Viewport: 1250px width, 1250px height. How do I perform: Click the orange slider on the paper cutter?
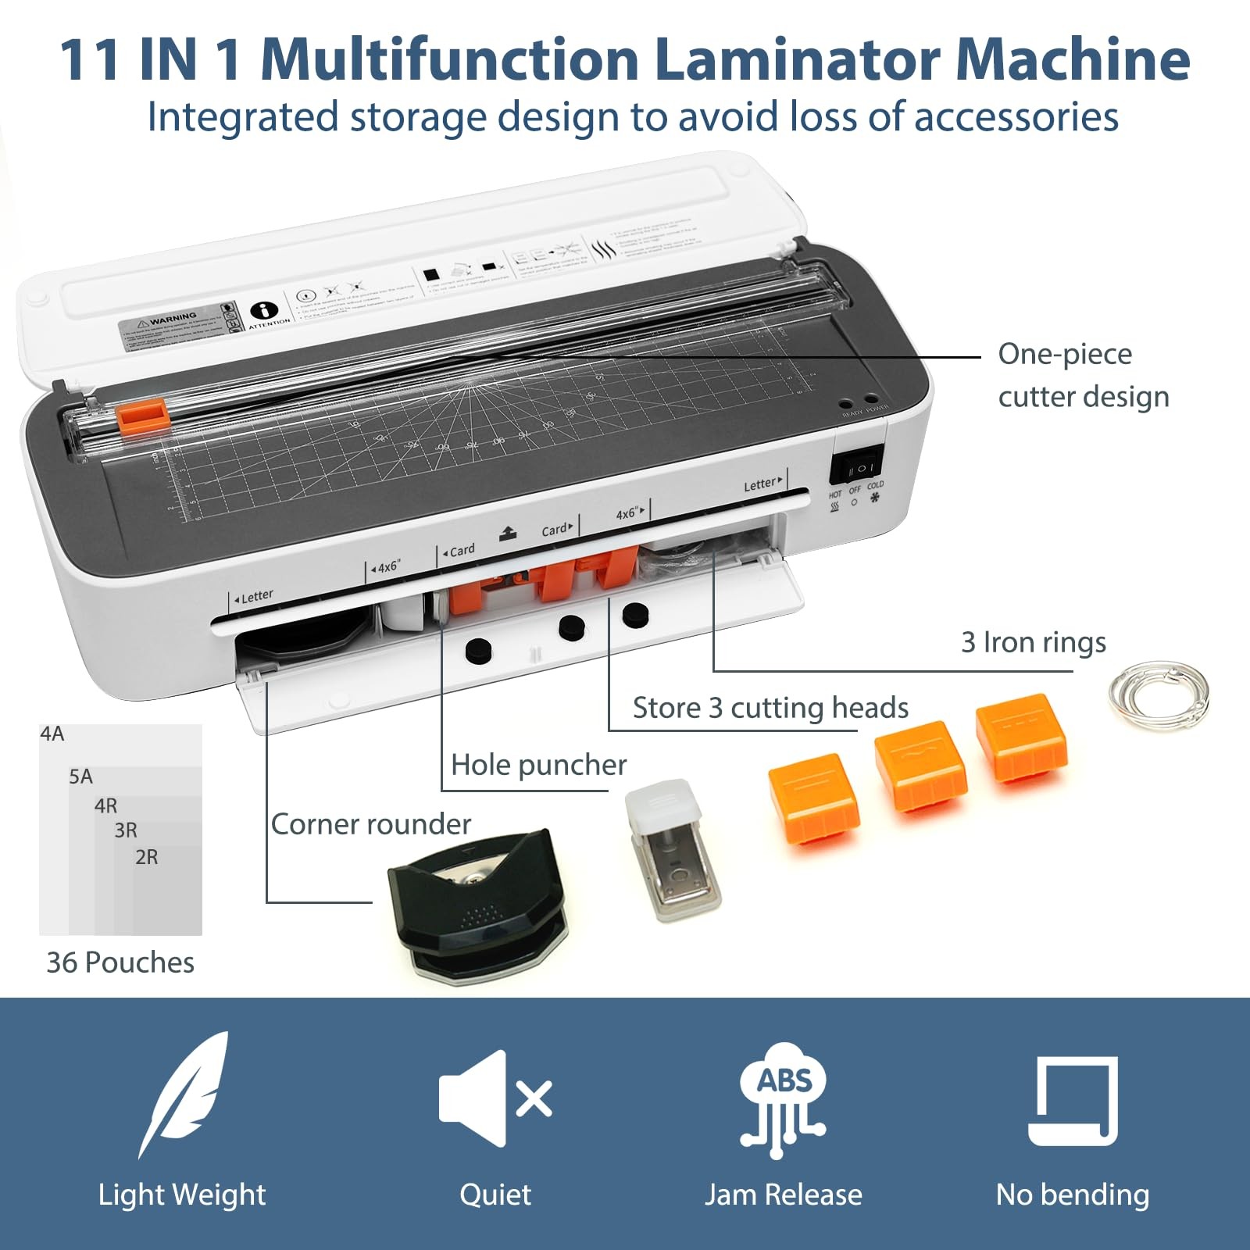(143, 414)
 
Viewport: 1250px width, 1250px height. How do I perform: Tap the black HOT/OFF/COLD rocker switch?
(856, 468)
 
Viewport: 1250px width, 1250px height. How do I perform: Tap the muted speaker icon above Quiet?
(495, 1098)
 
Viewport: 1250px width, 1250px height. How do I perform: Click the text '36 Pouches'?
(120, 962)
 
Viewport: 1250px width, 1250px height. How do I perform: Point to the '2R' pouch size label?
(146, 857)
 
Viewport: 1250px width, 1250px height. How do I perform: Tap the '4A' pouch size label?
(52, 734)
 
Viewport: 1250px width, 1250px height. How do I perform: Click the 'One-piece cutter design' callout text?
(1082, 375)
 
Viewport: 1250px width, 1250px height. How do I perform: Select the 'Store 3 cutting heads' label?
(770, 708)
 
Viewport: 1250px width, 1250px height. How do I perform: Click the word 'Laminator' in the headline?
(797, 59)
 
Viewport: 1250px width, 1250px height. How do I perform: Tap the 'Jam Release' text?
(783, 1195)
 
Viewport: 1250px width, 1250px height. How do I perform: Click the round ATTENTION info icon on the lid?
(264, 310)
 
